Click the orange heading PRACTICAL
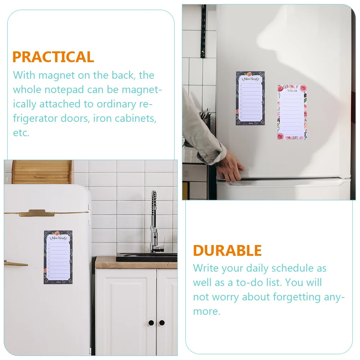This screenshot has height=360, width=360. (x=53, y=57)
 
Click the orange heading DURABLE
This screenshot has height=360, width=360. (x=227, y=250)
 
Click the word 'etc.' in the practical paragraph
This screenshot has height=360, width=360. (x=21, y=133)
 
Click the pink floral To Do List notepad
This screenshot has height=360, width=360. (x=292, y=112)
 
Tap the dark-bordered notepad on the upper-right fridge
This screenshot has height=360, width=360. (x=250, y=98)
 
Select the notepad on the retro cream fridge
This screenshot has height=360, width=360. (x=58, y=257)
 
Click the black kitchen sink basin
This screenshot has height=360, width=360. (x=147, y=257)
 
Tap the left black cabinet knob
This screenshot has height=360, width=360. (x=151, y=323)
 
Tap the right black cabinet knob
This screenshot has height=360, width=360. (x=162, y=323)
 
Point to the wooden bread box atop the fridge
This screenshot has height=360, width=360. (x=42, y=172)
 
